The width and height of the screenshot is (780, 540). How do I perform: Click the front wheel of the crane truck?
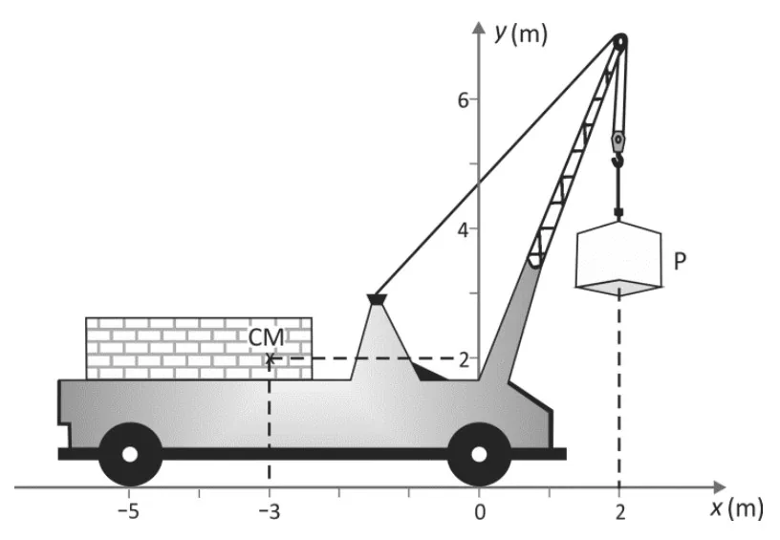point(479,454)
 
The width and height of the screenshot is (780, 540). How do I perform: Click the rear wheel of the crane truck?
point(130,454)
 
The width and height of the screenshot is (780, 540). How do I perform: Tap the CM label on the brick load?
point(266,337)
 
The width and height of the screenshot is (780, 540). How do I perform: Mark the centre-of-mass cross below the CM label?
point(270,358)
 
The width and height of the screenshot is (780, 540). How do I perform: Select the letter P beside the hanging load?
point(680,261)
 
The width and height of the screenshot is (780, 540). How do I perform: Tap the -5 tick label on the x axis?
point(128,511)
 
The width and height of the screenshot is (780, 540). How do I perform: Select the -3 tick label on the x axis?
point(270,511)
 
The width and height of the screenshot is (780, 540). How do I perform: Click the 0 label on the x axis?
point(480,511)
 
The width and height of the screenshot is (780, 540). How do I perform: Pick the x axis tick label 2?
point(619,511)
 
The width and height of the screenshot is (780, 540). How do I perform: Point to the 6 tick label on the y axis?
point(463,100)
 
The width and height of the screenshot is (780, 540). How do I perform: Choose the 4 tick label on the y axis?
point(463,229)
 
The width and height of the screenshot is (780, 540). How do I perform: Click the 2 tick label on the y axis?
point(464,359)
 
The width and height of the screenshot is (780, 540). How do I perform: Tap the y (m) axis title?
point(520,34)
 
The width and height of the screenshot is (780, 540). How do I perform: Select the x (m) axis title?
point(737,508)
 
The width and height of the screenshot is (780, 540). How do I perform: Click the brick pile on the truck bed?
point(199,349)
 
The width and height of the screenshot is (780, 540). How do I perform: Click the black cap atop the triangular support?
point(377,299)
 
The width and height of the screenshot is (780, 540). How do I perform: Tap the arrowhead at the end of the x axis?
point(720,487)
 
